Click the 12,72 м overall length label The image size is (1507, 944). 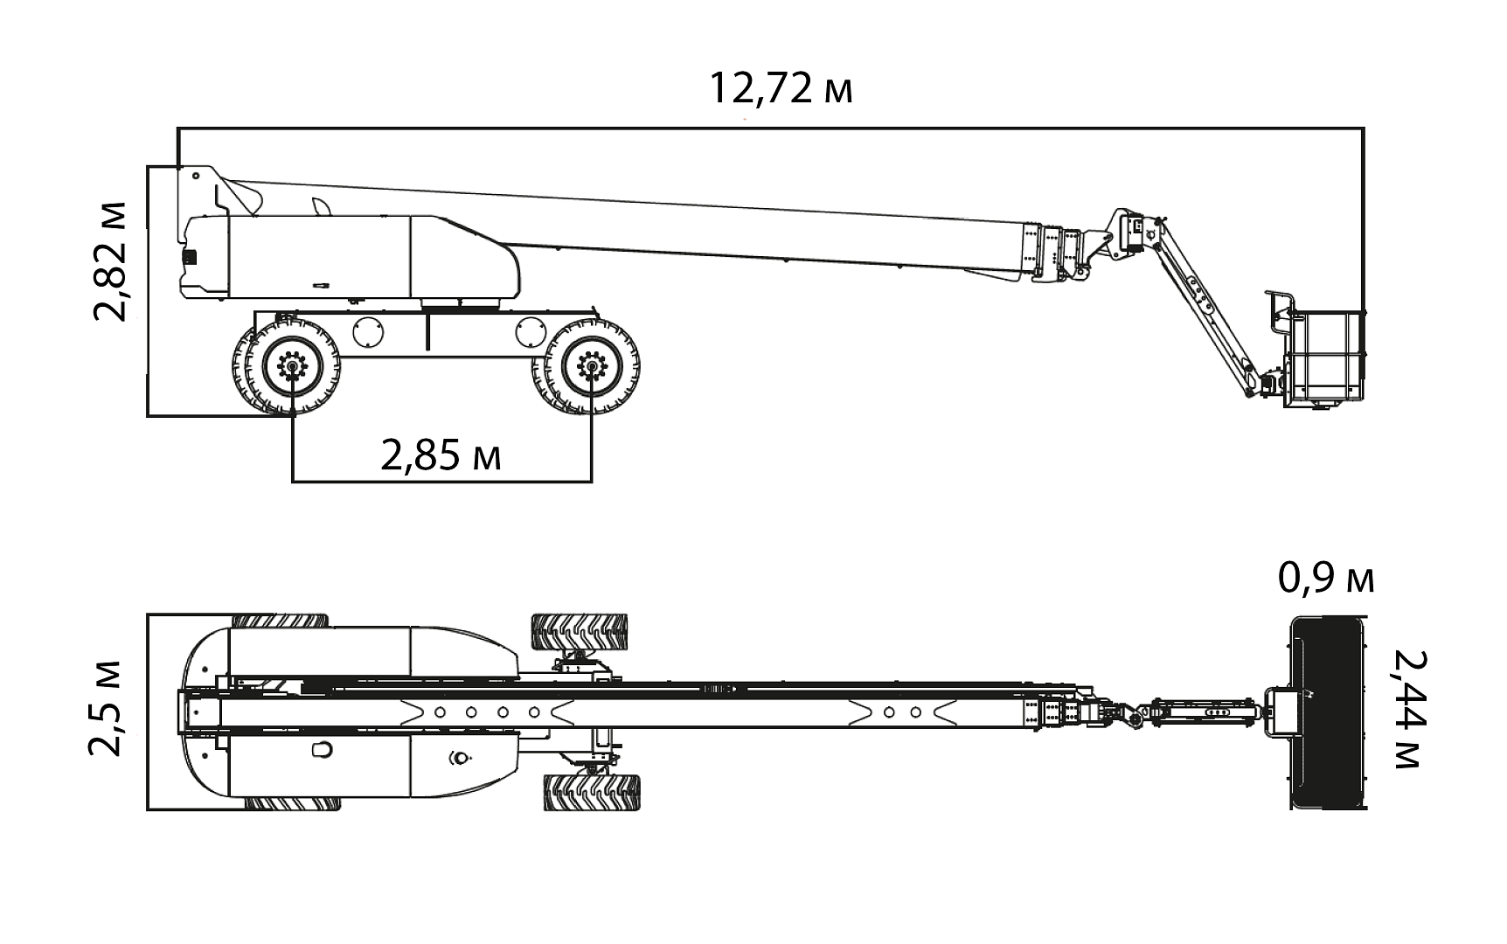click(780, 88)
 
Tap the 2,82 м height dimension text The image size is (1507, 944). click(111, 260)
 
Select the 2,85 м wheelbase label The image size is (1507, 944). click(441, 455)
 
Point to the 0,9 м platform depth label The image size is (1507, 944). click(1325, 579)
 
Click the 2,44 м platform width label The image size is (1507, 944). click(1407, 708)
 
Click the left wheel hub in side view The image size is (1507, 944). click(292, 365)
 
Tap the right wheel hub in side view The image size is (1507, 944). click(592, 365)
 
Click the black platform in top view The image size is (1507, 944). click(1328, 712)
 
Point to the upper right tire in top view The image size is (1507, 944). click(580, 631)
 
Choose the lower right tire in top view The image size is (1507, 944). click(591, 792)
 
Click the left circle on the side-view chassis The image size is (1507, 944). click(368, 331)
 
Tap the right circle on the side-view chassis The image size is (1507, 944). click(531, 331)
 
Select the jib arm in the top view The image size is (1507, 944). click(1202, 711)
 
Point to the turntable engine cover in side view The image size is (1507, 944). click(350, 255)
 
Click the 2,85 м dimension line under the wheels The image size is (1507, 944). click(441, 481)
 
